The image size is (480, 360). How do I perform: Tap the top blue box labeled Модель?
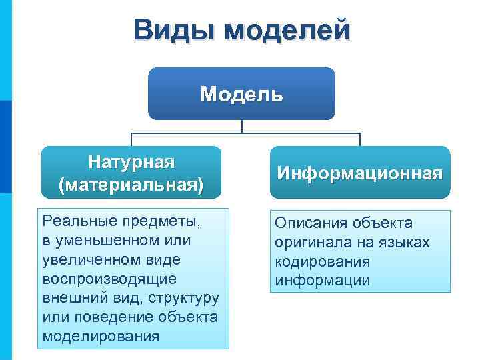tap(241, 93)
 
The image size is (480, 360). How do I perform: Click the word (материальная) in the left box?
tap(131, 183)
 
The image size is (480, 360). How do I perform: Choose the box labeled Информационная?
tap(359, 173)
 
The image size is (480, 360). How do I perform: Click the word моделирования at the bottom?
tap(101, 336)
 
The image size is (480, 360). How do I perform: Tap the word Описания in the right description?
tap(314, 223)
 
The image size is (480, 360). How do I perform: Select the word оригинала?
tap(313, 242)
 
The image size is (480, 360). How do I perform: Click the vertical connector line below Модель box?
tap(241, 126)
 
